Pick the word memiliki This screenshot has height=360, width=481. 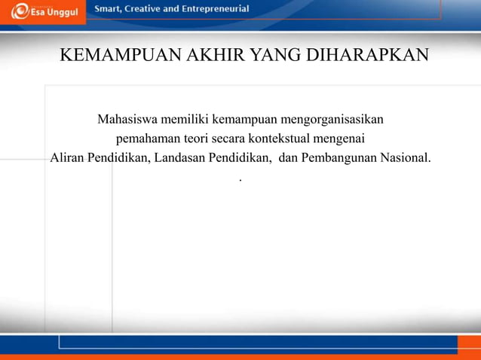185,120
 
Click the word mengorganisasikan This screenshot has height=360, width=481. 331,120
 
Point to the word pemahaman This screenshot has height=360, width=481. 142,139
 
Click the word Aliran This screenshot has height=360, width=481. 66,159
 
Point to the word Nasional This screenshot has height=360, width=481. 409,159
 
